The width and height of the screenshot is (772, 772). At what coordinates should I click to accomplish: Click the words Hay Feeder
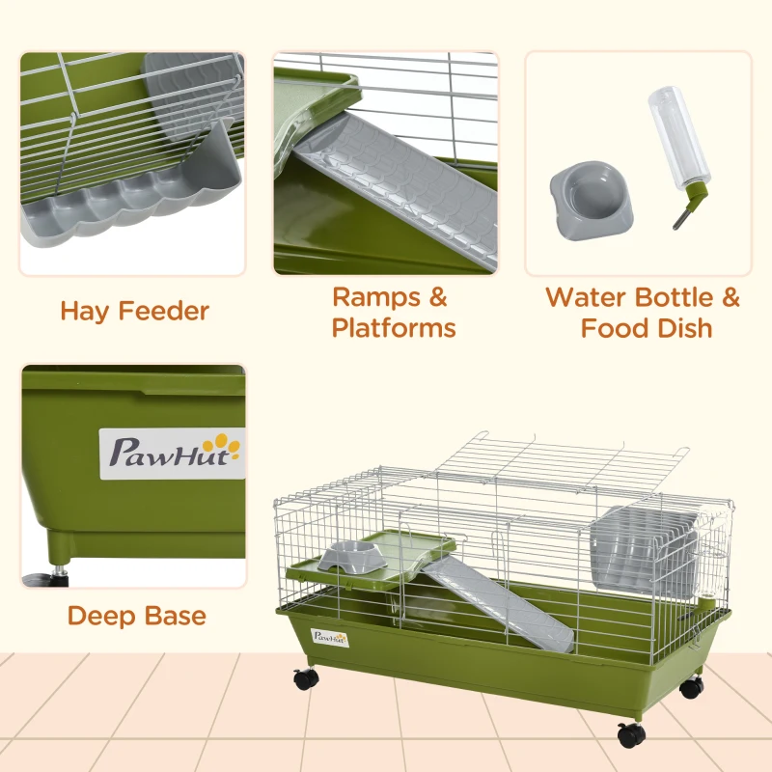[x=134, y=311]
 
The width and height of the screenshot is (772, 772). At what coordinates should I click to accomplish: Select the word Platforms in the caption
[x=394, y=328]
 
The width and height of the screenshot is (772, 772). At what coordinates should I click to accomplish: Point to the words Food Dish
[x=646, y=328]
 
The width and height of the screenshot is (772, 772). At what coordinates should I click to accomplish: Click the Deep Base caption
[x=136, y=615]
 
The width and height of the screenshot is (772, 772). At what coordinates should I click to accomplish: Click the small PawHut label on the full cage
[x=329, y=635]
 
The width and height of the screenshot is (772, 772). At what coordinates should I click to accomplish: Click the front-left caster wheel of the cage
[x=307, y=678]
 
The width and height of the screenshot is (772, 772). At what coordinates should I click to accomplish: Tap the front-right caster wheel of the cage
[x=632, y=734]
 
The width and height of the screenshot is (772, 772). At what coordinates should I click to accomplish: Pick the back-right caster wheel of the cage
[x=691, y=688]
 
